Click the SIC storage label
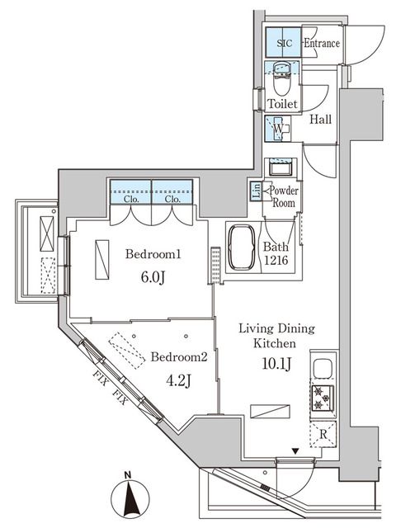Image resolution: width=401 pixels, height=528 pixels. [x=283, y=43]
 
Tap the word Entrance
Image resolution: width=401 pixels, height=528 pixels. [x=321, y=43]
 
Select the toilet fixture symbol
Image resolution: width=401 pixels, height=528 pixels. [x=281, y=83]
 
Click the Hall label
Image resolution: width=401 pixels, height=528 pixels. [x=321, y=120]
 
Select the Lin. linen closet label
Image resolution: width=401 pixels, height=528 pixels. [x=255, y=192]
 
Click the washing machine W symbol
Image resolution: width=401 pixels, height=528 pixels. [x=280, y=130]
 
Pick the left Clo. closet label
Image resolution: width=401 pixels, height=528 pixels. [x=131, y=199]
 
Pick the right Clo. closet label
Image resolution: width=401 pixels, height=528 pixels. [x=172, y=199]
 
